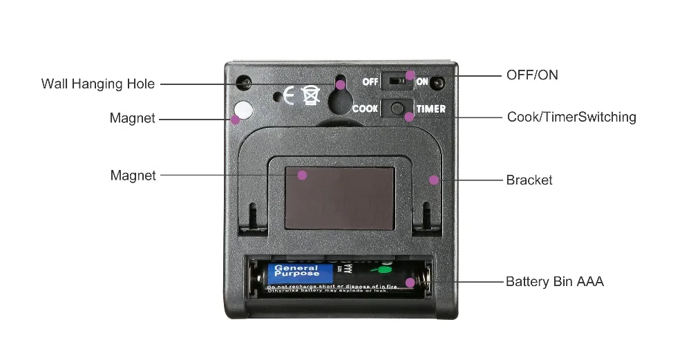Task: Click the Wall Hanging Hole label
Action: (x=98, y=84)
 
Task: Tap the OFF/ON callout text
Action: (x=532, y=75)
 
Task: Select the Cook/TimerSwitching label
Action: (x=571, y=117)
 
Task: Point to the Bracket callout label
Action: (x=529, y=180)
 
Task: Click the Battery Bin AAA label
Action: (x=554, y=281)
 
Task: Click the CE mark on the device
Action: (x=291, y=95)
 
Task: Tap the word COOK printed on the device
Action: (x=365, y=109)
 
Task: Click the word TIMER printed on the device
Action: (x=430, y=109)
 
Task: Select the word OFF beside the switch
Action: (x=370, y=82)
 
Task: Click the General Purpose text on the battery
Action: (x=297, y=272)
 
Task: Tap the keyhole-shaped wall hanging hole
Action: (x=339, y=97)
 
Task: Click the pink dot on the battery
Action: (x=410, y=282)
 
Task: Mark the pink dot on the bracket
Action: (x=433, y=180)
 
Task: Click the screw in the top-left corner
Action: (x=243, y=83)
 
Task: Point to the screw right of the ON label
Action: (x=438, y=82)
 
